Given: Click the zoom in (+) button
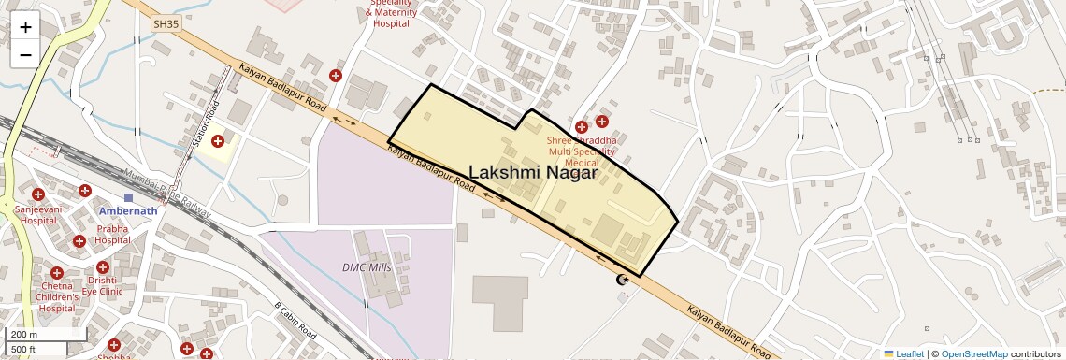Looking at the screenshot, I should point(25,27).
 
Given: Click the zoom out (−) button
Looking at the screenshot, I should point(25,54).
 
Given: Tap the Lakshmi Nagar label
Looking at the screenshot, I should point(532,172).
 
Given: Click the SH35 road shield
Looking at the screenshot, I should point(166,24).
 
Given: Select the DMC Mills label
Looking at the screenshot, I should point(367,266).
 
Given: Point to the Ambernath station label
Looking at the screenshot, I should point(128,211).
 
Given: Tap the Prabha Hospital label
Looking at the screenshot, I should point(112,234).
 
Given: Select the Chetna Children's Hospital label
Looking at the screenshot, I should point(57,296).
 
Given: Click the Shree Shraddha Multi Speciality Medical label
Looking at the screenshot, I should point(582,151).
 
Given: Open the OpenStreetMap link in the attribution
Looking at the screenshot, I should point(973,353).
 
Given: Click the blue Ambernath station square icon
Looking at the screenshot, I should point(128,198).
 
